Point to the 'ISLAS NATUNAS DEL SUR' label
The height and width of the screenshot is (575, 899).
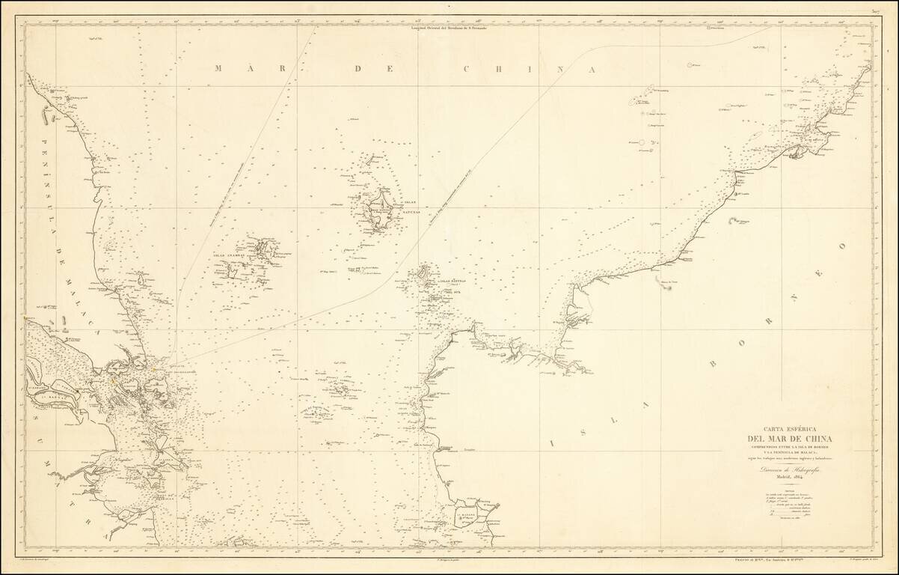453,284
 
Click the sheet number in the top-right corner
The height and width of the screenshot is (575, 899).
874,11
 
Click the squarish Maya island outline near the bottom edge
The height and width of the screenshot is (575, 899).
470,514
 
